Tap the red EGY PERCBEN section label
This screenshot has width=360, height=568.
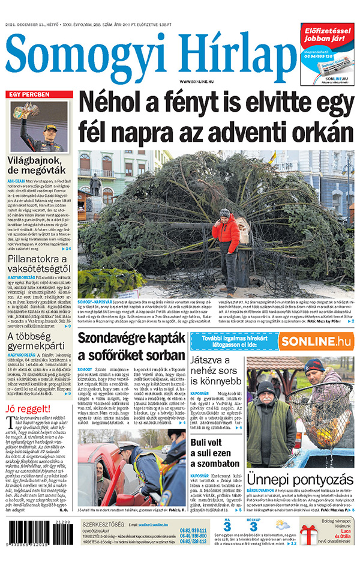[29, 95]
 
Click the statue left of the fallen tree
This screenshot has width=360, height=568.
[95, 186]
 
